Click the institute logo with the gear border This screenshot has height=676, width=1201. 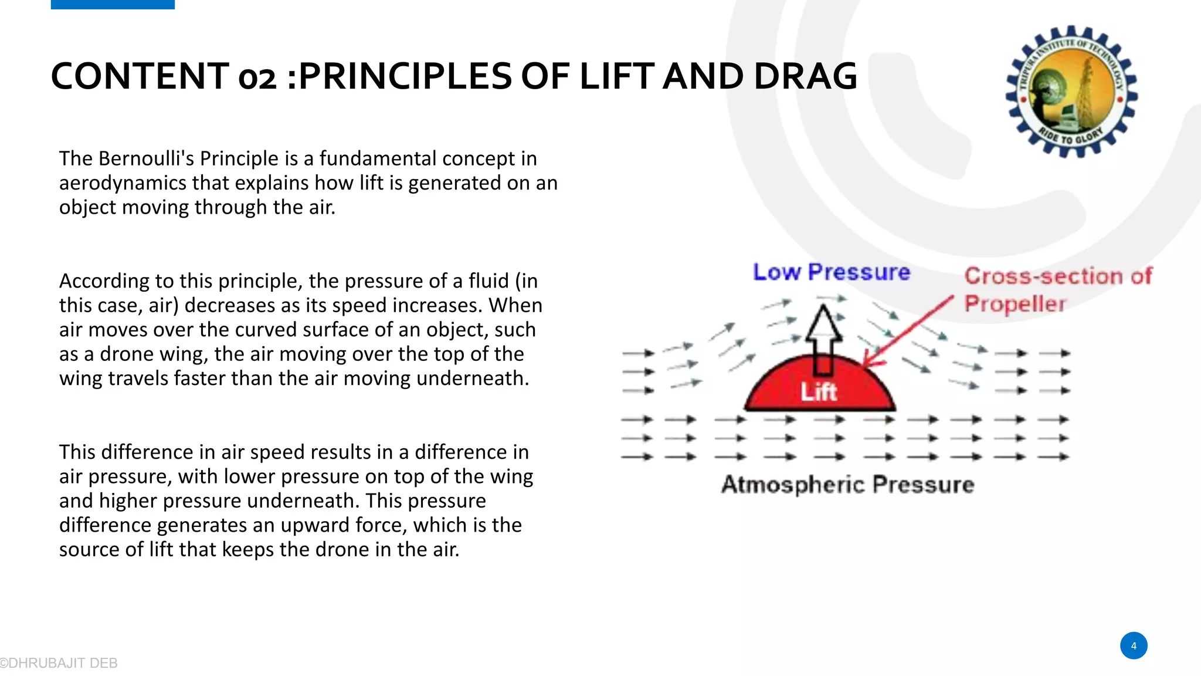click(1071, 91)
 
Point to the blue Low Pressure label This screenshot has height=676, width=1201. click(831, 272)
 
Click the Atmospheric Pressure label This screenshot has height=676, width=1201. click(847, 485)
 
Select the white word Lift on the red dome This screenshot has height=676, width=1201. click(819, 392)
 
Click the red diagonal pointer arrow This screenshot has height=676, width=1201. click(909, 332)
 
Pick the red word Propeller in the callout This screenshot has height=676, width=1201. click(1015, 304)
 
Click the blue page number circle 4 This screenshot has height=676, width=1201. click(1134, 645)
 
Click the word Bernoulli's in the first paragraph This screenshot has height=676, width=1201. click(147, 158)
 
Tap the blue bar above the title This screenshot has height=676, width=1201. click(113, 4)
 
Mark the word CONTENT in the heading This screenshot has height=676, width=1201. click(140, 76)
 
